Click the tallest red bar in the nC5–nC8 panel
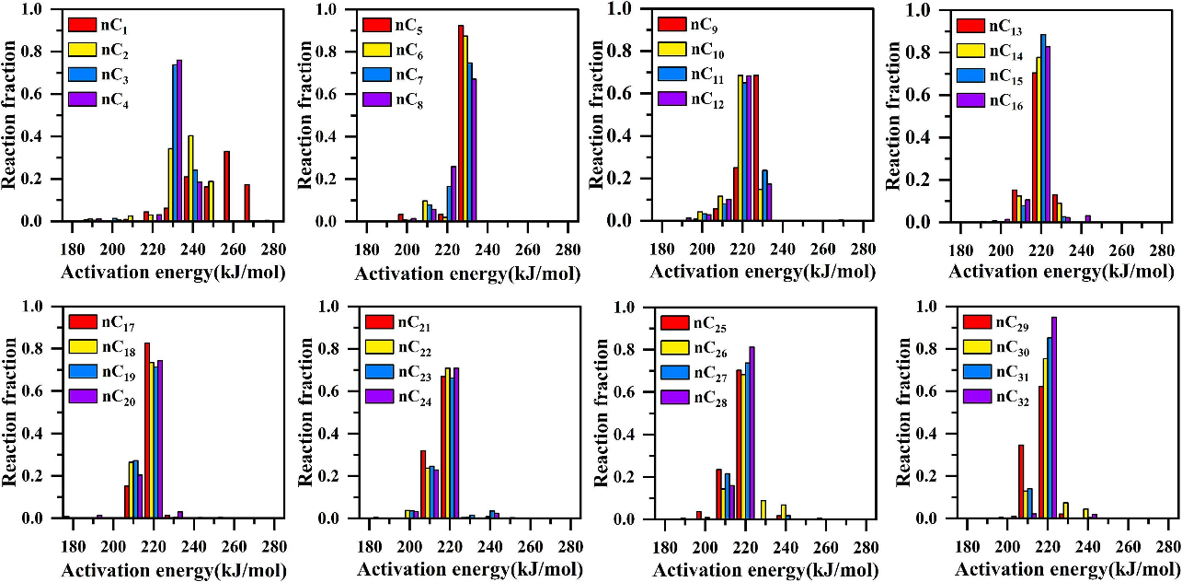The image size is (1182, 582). (x=461, y=123)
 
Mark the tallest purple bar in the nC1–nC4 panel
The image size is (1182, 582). (x=179, y=140)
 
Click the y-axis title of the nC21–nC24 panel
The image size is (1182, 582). (x=307, y=411)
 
